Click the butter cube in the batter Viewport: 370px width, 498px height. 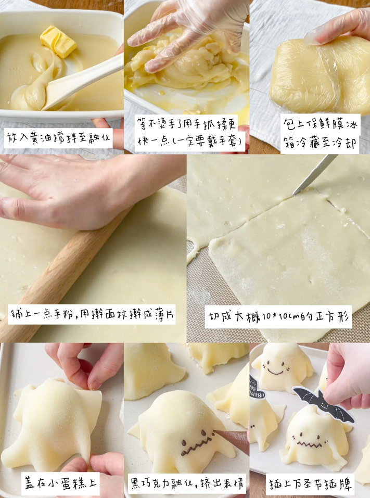[x=58, y=41]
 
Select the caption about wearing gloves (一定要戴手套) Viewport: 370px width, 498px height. [x=186, y=133]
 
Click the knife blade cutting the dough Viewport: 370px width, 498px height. [x=315, y=174]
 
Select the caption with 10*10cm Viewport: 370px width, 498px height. [x=278, y=316]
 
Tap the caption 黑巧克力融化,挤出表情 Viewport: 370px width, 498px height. [x=187, y=483]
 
